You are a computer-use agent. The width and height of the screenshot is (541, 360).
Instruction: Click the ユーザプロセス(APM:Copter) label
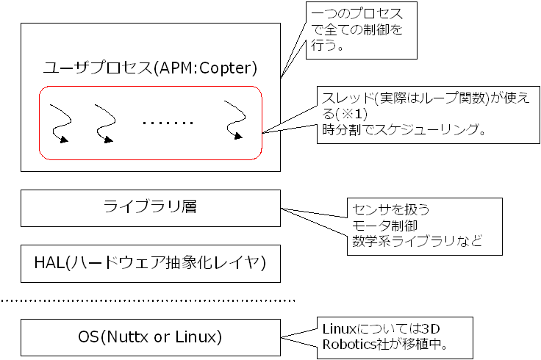click(x=150, y=69)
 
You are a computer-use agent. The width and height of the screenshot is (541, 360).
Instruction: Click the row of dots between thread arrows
click(x=168, y=123)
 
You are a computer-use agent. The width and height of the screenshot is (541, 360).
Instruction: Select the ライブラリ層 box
click(x=150, y=208)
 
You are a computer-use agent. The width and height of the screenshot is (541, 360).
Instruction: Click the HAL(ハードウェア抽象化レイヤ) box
click(x=150, y=263)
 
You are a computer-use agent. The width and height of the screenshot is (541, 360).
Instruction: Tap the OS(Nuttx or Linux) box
click(x=150, y=337)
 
